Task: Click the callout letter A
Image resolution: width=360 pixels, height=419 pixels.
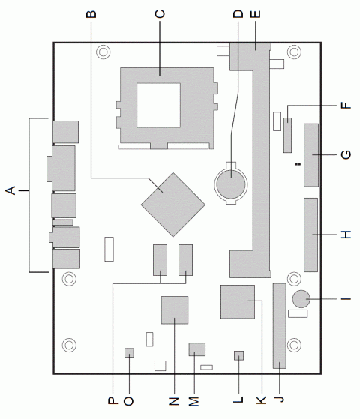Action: click(x=10, y=193)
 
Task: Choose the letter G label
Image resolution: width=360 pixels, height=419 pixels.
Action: click(x=344, y=155)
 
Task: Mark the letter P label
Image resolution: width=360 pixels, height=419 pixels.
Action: click(x=112, y=401)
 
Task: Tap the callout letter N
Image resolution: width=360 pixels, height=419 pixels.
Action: click(x=175, y=401)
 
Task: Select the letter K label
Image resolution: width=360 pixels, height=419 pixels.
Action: click(x=261, y=401)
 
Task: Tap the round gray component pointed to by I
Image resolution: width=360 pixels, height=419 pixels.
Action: click(x=302, y=299)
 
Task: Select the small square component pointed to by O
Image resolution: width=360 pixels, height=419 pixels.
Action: click(x=129, y=352)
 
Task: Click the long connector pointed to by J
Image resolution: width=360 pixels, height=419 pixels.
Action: click(x=280, y=325)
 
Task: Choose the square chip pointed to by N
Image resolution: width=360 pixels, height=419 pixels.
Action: click(x=175, y=309)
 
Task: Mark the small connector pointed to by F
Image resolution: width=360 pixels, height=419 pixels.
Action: click(x=286, y=133)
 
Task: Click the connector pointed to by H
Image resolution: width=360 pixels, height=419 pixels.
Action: click(x=310, y=235)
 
